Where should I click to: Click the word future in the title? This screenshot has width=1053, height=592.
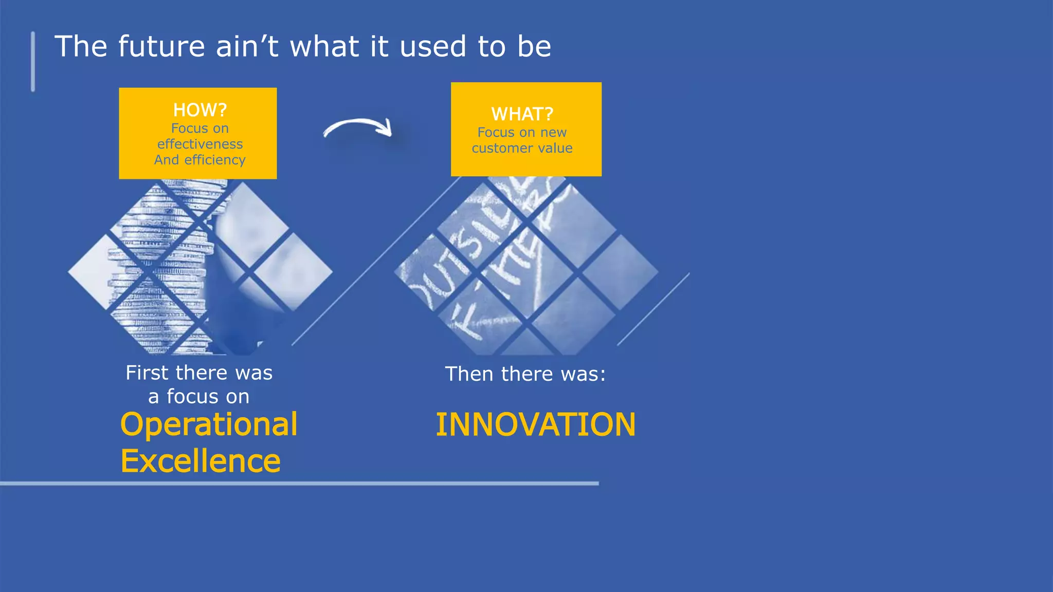tap(161, 46)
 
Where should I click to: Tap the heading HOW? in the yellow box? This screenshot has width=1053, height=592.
tap(200, 110)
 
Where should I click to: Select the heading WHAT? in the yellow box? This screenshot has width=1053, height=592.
tap(522, 114)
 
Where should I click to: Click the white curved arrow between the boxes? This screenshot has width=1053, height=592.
tap(358, 126)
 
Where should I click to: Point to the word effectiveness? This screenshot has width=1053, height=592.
tap(200, 144)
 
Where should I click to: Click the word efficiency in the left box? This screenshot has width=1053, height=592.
tap(215, 160)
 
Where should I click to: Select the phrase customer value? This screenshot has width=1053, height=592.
tap(522, 149)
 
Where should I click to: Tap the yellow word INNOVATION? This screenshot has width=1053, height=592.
tap(535, 425)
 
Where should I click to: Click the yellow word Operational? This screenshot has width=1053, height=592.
tap(209, 425)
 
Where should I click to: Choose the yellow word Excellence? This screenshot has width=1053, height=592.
tap(201, 461)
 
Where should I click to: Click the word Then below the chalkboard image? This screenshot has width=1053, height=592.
tap(469, 374)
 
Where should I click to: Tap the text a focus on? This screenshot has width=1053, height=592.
tap(199, 397)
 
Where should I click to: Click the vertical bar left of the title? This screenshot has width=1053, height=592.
tap(33, 62)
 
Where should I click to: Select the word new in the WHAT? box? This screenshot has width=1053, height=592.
tap(553, 133)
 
